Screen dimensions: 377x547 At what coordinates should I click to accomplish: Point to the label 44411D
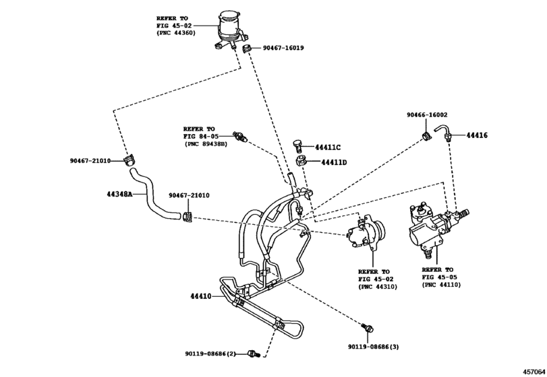click(x=333, y=162)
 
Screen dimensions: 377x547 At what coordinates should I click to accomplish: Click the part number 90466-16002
click(x=426, y=115)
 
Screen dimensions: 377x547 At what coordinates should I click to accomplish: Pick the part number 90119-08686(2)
click(x=210, y=353)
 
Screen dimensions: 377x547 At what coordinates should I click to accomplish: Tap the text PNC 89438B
click(x=205, y=144)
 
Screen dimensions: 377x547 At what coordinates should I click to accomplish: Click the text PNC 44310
click(x=378, y=287)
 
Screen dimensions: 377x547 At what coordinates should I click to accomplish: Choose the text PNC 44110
click(x=441, y=285)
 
